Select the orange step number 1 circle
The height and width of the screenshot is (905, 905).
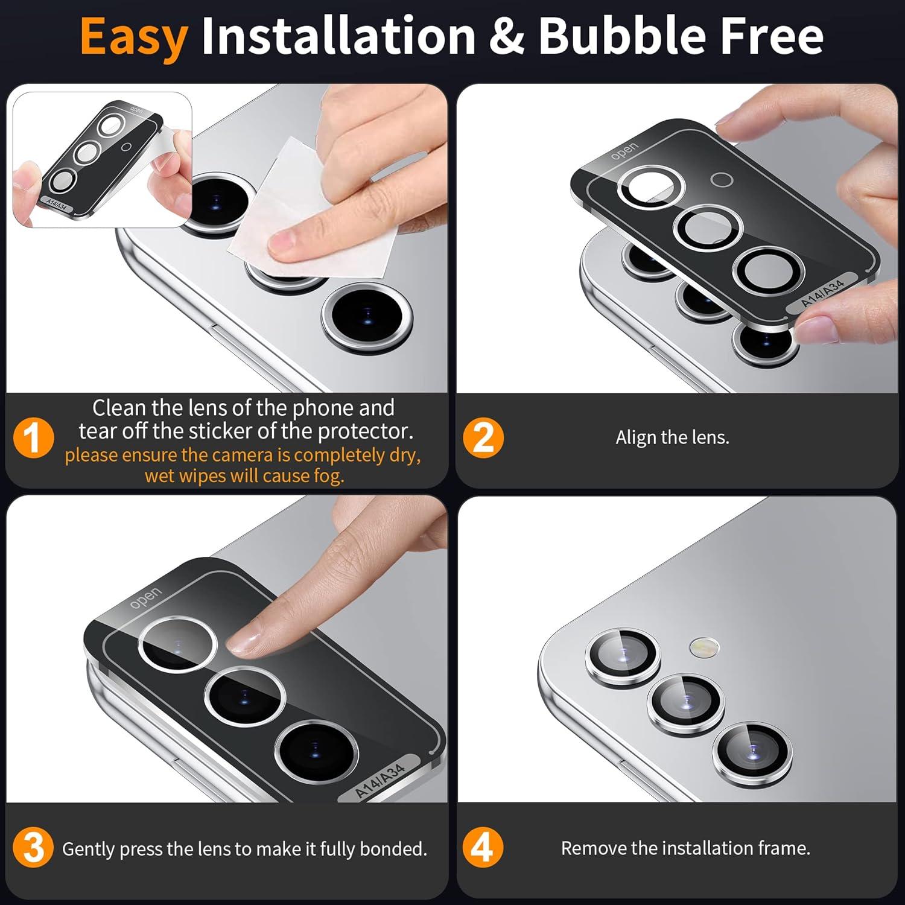(x=34, y=437)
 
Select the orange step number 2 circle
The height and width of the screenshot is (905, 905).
(x=483, y=437)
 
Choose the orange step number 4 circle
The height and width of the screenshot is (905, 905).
(x=483, y=848)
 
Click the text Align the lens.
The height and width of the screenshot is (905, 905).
(x=672, y=437)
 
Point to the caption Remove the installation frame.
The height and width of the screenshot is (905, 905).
(x=685, y=848)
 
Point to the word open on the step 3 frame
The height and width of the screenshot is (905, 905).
(x=145, y=597)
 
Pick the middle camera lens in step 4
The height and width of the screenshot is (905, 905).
(x=685, y=703)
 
